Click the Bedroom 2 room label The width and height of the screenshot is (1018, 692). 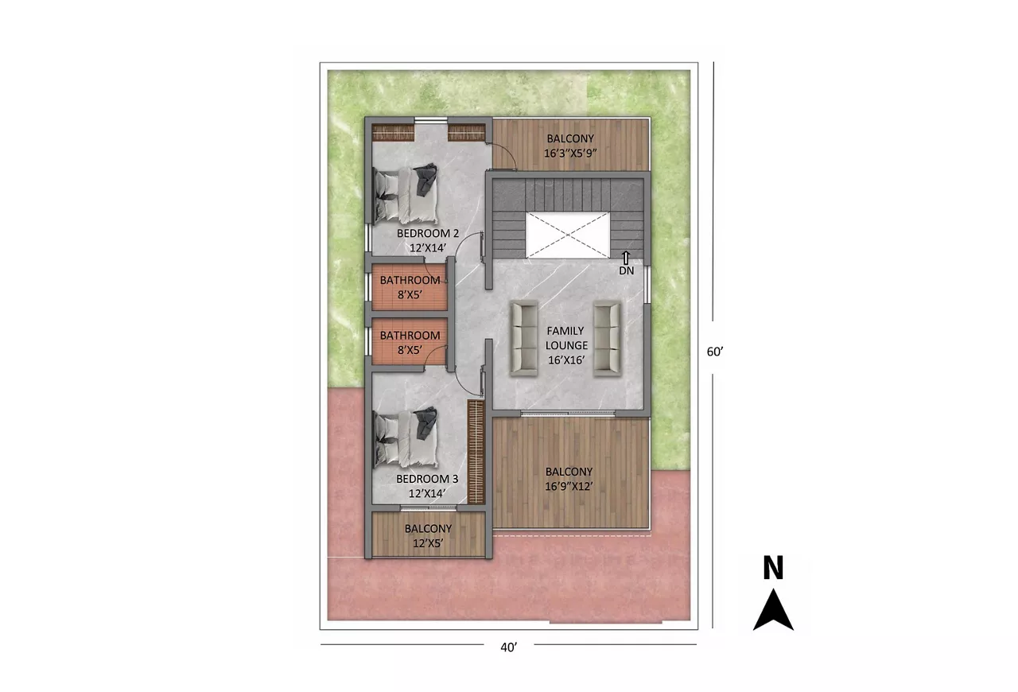pyautogui.click(x=428, y=233)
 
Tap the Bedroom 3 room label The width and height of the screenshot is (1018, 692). pyautogui.click(x=427, y=479)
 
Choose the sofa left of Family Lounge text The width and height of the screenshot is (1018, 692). pyautogui.click(x=524, y=339)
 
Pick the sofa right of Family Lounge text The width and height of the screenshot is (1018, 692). pyautogui.click(x=608, y=339)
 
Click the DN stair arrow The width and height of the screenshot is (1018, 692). pyautogui.click(x=626, y=258)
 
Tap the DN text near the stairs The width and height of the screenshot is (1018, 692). pyautogui.click(x=626, y=270)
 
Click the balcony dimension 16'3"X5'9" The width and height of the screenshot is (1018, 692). pyautogui.click(x=570, y=154)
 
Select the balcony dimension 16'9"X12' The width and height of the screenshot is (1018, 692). pyautogui.click(x=569, y=487)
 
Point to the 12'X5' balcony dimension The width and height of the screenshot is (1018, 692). pyautogui.click(x=428, y=543)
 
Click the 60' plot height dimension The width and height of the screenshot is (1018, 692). pyautogui.click(x=715, y=352)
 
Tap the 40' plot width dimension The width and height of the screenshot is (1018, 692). pyautogui.click(x=508, y=647)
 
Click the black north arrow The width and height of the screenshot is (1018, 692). pyautogui.click(x=773, y=609)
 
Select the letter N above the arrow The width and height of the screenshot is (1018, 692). pyautogui.click(x=773, y=567)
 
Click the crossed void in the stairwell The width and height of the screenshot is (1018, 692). pyautogui.click(x=568, y=235)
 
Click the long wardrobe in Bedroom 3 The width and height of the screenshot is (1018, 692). pyautogui.click(x=476, y=452)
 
